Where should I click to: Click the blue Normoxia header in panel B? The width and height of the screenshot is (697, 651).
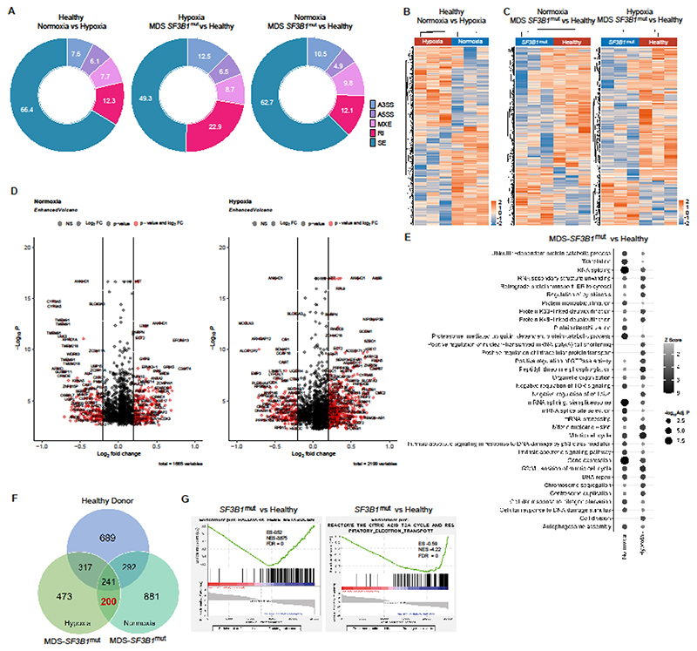point(471,40)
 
